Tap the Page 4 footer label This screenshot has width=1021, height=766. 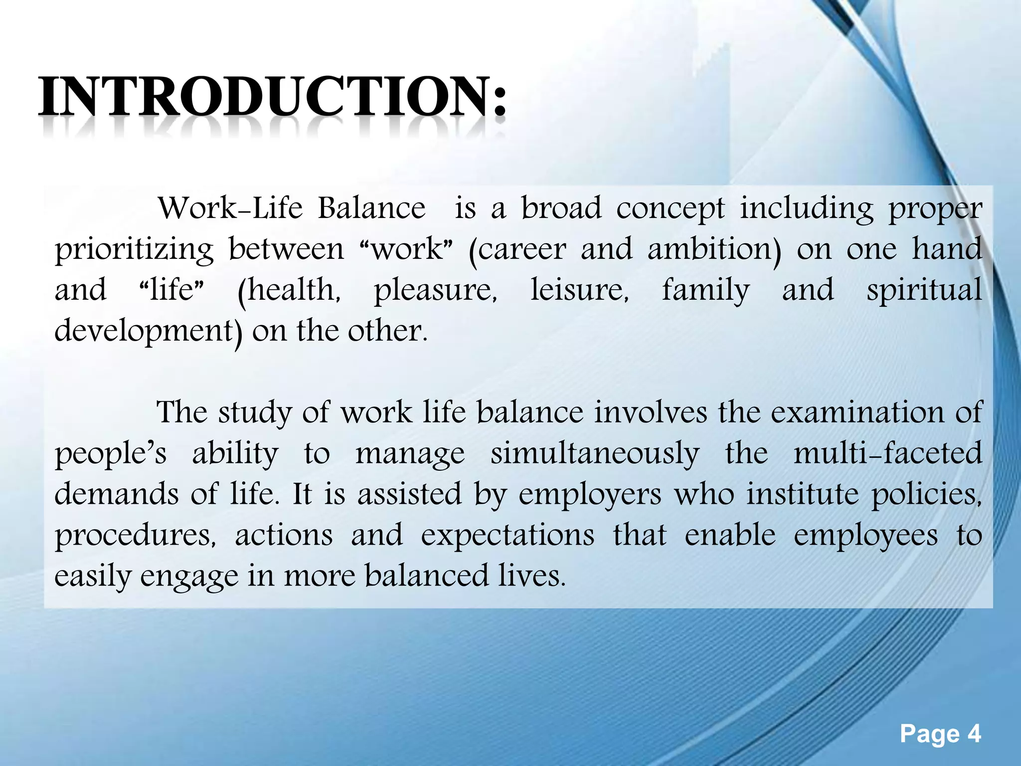[x=940, y=734]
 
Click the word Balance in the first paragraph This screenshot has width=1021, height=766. [x=372, y=208]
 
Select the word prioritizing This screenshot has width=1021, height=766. [x=134, y=249]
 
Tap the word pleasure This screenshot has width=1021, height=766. [x=435, y=291]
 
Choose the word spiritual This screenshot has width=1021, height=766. [x=924, y=291]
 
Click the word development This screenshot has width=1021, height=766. [x=148, y=331]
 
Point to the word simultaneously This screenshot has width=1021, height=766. [x=594, y=454]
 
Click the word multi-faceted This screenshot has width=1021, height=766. [x=887, y=453]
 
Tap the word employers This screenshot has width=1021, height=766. [x=590, y=495]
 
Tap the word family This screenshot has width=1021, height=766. [x=705, y=291]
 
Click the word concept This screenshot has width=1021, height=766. [x=670, y=209]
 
